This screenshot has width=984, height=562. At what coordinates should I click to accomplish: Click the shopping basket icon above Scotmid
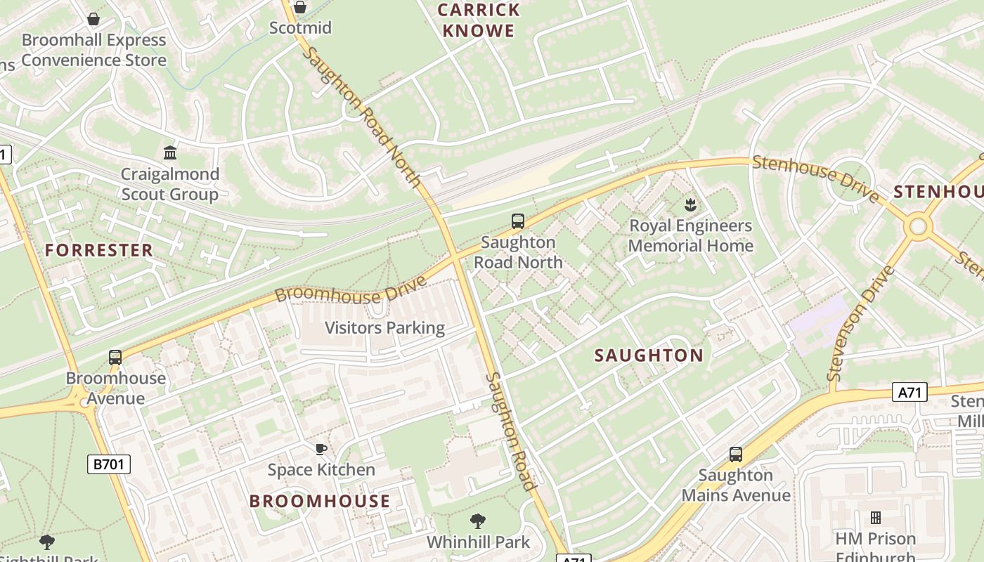300,8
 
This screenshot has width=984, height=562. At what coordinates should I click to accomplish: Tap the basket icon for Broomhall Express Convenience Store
93,19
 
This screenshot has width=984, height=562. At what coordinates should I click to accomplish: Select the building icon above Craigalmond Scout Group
169,152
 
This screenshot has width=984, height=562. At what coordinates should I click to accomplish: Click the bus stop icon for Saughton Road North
518,221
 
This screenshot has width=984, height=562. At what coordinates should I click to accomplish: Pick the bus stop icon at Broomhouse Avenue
115,357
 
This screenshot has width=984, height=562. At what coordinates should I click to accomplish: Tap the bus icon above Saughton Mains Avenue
735,455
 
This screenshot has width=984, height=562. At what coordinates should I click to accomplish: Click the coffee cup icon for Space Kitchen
321,449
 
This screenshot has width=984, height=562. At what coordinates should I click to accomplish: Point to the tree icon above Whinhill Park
478,521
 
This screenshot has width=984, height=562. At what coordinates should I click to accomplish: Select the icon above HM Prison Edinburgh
875,518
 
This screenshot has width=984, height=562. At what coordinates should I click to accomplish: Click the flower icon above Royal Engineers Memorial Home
690,205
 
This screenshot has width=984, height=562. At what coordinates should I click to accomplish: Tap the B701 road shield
109,464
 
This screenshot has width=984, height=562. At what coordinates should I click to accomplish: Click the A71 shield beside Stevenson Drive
909,392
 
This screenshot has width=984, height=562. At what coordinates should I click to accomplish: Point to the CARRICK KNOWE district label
479,20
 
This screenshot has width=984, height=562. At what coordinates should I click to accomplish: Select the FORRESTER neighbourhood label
99,250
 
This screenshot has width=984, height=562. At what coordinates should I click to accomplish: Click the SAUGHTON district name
649,355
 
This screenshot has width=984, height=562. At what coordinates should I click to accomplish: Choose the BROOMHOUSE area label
320,501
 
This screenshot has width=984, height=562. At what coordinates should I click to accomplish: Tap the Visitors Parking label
384,328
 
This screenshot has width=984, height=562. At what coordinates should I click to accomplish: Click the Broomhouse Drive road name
351,289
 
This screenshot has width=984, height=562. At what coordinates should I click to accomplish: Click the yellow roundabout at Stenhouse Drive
918,226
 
